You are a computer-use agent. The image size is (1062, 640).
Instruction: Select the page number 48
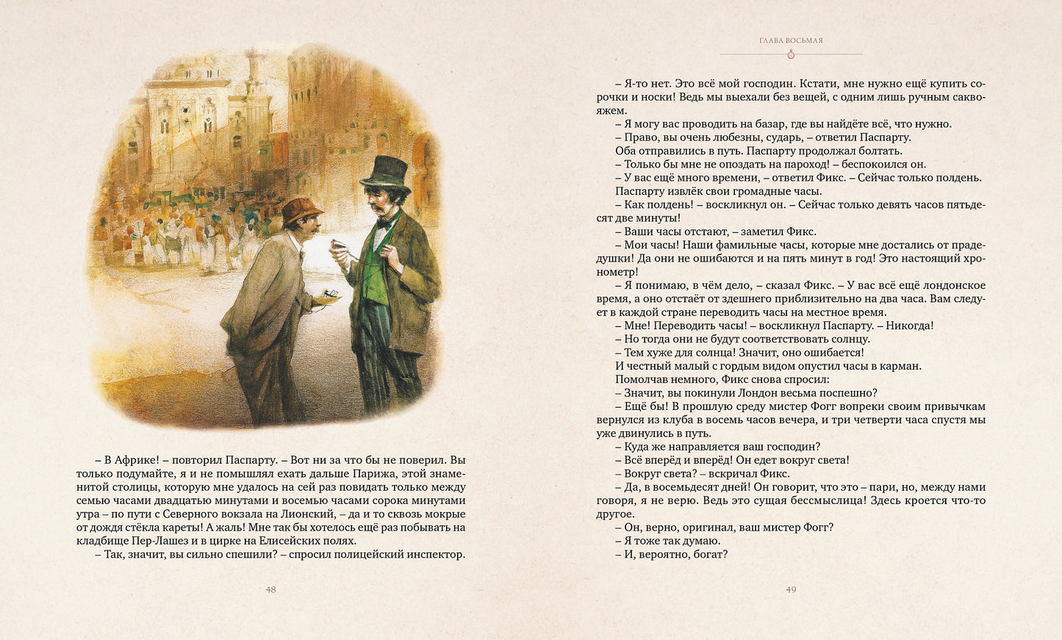point(270,589)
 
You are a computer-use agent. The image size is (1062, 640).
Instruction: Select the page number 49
point(791,589)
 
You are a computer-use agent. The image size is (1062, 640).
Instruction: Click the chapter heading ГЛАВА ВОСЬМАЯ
point(791,40)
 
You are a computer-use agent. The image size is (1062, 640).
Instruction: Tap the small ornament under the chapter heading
point(791,54)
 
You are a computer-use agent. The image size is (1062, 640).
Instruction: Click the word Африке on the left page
point(134,461)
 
